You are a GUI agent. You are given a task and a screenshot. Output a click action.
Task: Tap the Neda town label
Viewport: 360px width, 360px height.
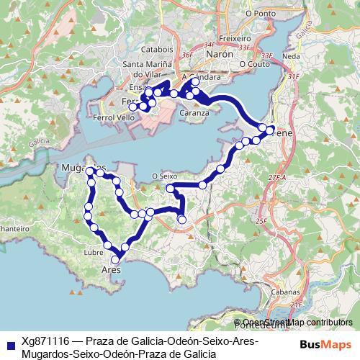pos(292,55)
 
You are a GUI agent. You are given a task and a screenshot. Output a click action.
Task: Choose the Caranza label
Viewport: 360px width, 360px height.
pos(194,113)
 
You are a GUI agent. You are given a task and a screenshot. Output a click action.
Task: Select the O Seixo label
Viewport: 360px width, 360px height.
pos(164,175)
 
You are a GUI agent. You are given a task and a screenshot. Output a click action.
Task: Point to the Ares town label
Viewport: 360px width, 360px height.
pos(110,270)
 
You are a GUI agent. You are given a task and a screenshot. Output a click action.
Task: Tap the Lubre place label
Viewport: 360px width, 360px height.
pos(94,253)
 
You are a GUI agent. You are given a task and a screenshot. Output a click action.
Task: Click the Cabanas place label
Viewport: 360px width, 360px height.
pos(285,293)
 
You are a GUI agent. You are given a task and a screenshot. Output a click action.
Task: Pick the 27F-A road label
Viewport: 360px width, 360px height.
pos(276,176)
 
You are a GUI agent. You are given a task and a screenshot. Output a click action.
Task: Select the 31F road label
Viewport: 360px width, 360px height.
pos(293,76)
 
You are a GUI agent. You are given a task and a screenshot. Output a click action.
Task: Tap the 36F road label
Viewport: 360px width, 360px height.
pos(188,55)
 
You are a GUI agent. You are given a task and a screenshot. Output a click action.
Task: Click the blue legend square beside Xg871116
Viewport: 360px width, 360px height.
pos(11,343)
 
